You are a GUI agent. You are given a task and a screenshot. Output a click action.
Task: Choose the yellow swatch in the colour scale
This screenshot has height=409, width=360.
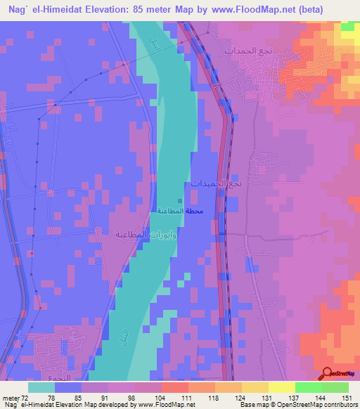pyautogui.click(x=281, y=387)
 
